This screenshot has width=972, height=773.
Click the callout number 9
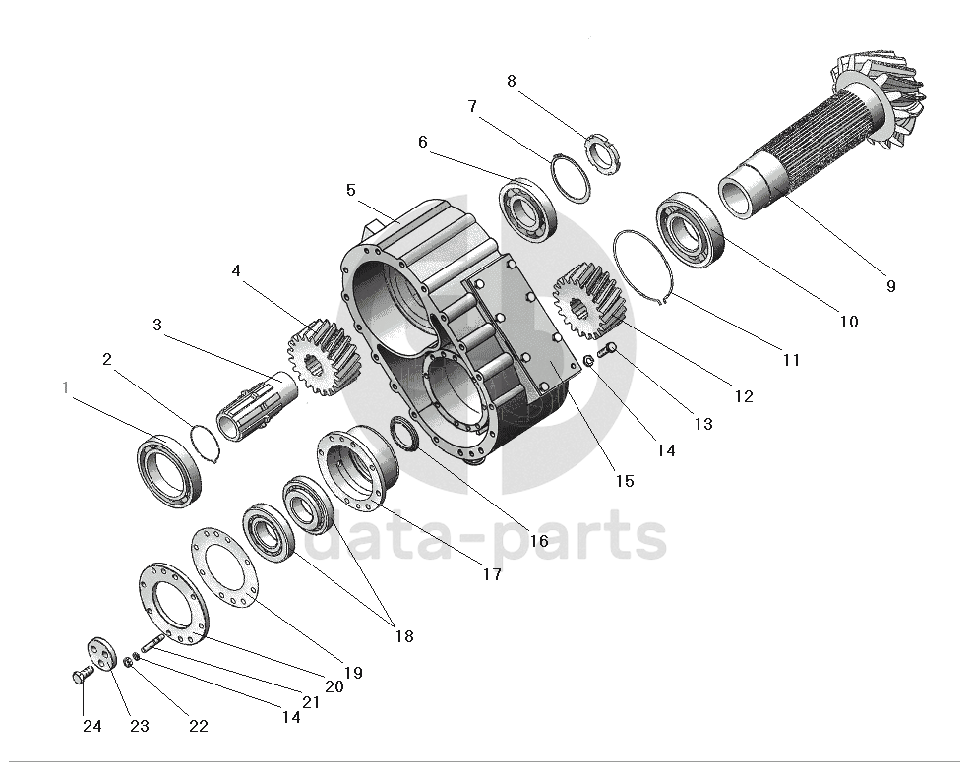click(x=890, y=286)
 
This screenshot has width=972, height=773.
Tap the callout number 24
click(x=91, y=727)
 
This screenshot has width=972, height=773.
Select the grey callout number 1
click(x=66, y=388)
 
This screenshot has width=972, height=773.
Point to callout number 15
click(x=625, y=482)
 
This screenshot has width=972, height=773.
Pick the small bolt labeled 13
click(x=606, y=350)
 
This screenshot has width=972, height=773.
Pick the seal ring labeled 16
click(x=404, y=433)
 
